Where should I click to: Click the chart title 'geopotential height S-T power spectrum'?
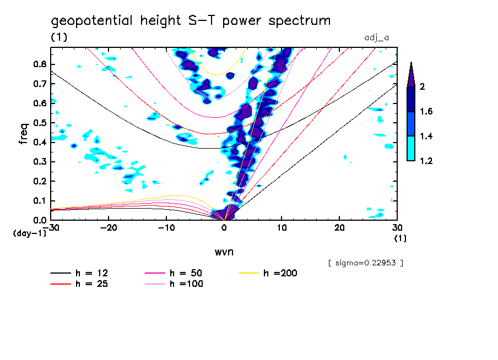[x=191, y=21]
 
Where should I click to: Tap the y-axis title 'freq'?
[x=24, y=133]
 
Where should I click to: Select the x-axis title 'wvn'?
[x=224, y=252]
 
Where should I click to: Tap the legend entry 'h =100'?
[x=186, y=284]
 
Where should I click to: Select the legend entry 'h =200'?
[x=280, y=273]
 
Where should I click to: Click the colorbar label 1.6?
[x=426, y=112]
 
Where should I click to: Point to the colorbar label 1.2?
[x=426, y=161]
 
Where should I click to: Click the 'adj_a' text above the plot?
[x=377, y=38]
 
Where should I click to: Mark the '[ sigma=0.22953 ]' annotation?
[x=365, y=263]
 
